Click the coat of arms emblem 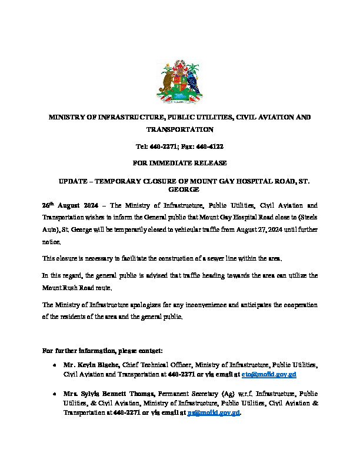tap(179, 81)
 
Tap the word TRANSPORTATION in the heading tap(179, 129)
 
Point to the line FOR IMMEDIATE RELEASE tap(179, 162)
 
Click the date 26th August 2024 tap(66, 207)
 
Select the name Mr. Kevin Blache tap(91, 365)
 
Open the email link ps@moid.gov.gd tap(214, 414)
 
